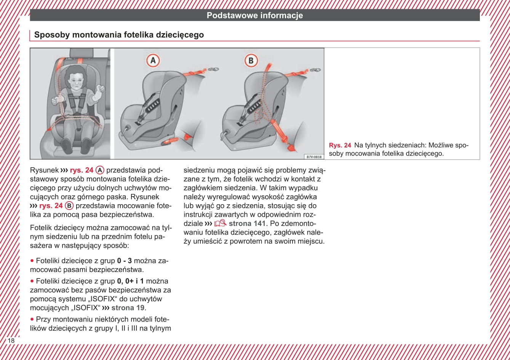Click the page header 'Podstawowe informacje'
tap(255, 16)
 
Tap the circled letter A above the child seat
tap(153, 61)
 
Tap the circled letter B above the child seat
tap(251, 61)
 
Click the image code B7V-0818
tap(314, 157)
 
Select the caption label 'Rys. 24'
tap(340, 146)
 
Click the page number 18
tap(11, 341)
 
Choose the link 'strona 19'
tap(128, 308)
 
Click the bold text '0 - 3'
tap(125, 261)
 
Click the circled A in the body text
tap(100, 170)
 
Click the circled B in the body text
tap(69, 206)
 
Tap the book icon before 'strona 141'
tap(220, 223)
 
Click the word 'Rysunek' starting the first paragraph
tap(44, 170)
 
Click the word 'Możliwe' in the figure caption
tap(441, 146)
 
